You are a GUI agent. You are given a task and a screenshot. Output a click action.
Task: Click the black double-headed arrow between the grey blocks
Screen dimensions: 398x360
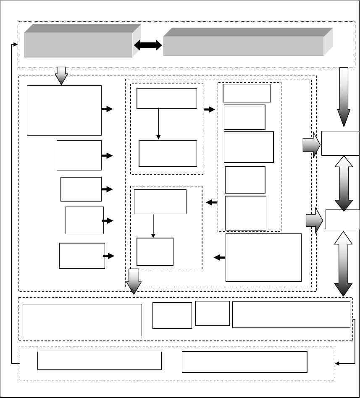147,45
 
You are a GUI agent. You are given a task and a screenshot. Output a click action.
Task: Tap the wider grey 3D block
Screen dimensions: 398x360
244,45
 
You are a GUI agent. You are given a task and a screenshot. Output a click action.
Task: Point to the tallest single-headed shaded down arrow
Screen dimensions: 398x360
344,97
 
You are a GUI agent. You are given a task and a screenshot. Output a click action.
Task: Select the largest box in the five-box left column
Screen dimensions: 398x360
64,110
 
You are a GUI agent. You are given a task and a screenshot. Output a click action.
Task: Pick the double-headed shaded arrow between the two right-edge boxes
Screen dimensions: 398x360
344,183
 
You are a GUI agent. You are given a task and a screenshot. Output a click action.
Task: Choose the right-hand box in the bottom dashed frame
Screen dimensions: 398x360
244,362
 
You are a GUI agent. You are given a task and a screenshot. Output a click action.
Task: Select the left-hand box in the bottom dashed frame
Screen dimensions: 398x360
100,361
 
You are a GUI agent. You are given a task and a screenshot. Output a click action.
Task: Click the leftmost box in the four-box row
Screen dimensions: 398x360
82,320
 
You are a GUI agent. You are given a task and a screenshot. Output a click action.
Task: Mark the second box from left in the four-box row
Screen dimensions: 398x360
172,315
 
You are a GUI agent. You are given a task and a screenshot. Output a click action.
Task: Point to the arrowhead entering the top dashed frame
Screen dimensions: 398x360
16,44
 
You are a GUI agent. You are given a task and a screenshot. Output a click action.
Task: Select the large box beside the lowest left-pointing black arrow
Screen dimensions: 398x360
263,257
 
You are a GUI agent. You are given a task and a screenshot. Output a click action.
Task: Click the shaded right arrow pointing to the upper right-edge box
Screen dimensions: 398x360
311,145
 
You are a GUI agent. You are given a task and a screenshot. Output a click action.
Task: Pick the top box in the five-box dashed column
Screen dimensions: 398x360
247,93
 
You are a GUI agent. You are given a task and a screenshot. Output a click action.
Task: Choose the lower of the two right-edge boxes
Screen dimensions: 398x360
342,219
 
